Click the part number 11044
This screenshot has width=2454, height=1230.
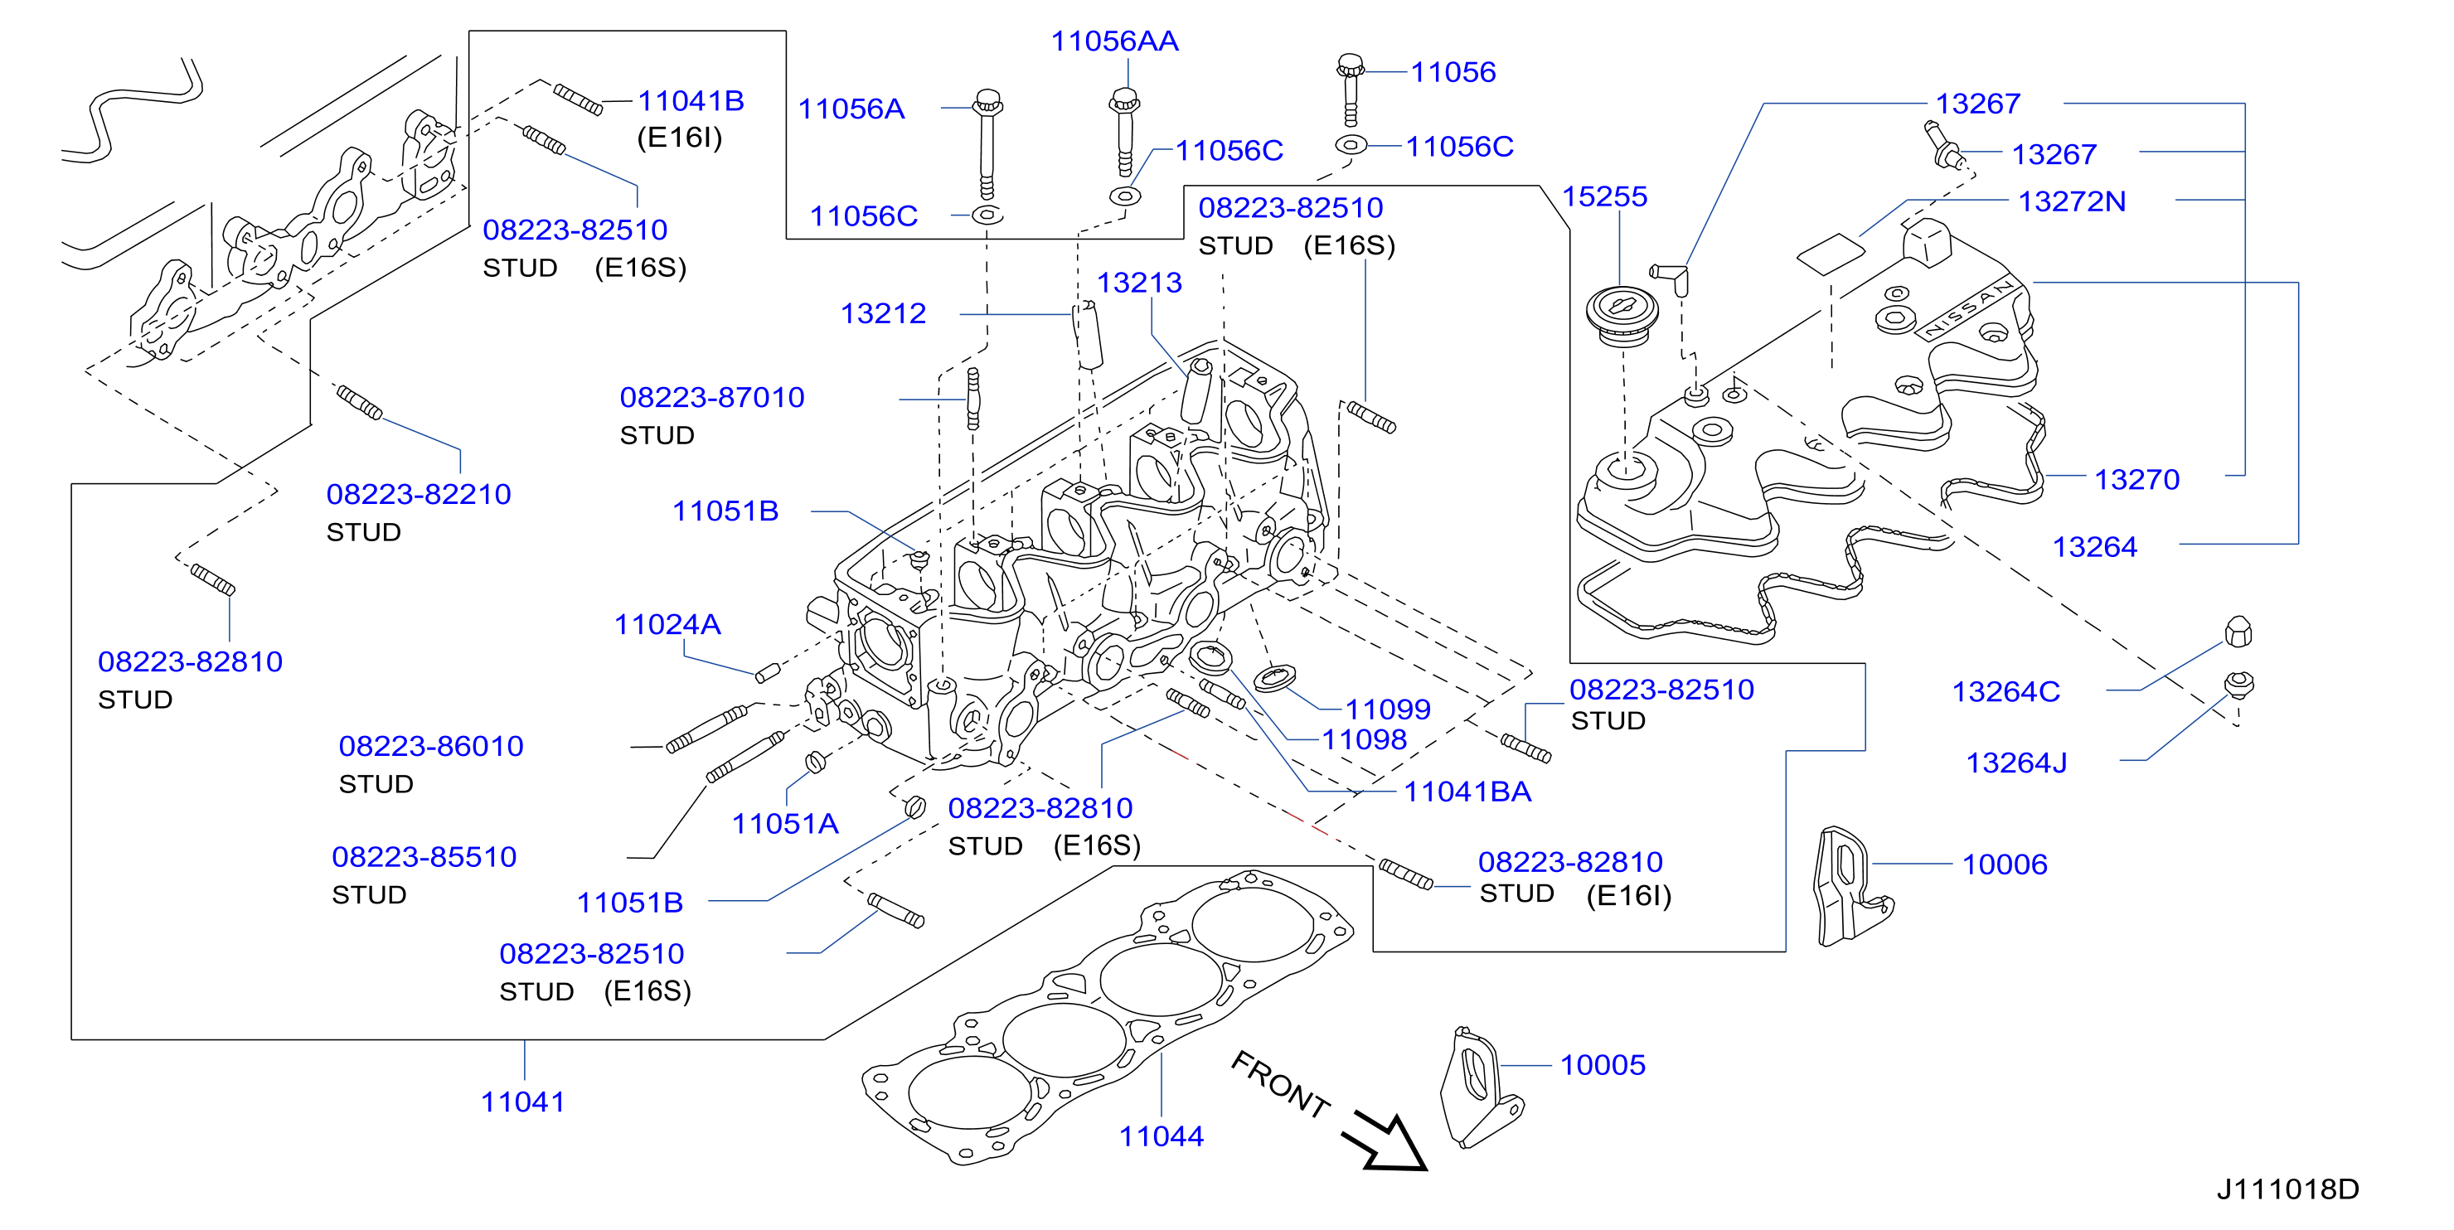pos(1161,1136)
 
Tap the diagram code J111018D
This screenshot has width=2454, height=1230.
pos(2287,1189)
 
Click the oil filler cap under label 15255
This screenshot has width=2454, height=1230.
pos(1622,314)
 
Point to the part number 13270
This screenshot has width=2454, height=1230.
pos(2136,479)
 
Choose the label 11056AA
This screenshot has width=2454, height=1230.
pos(1114,41)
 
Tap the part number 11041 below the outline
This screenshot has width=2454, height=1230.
pos(523,1102)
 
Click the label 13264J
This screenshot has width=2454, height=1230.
pos(2017,763)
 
